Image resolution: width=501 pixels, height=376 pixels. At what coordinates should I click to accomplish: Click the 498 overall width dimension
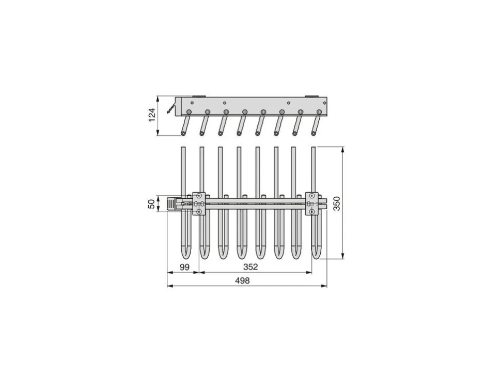pos(242,280)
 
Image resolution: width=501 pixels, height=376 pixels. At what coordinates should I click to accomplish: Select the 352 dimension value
pos(250,267)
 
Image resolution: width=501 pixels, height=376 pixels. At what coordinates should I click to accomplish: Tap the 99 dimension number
pos(184,267)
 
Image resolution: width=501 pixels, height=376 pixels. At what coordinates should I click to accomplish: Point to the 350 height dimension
pos(336,203)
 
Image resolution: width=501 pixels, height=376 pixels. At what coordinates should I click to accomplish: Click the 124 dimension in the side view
pos(152,114)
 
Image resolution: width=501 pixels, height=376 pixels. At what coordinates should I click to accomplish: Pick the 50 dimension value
pos(152,204)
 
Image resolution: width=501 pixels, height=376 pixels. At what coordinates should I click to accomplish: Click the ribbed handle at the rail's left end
pos(171,204)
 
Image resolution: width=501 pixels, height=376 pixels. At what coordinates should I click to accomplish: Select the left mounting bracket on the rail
pos(199,203)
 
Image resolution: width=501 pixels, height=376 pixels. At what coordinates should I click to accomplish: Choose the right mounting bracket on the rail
pos(312,203)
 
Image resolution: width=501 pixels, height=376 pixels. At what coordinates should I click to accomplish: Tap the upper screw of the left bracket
pos(199,196)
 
